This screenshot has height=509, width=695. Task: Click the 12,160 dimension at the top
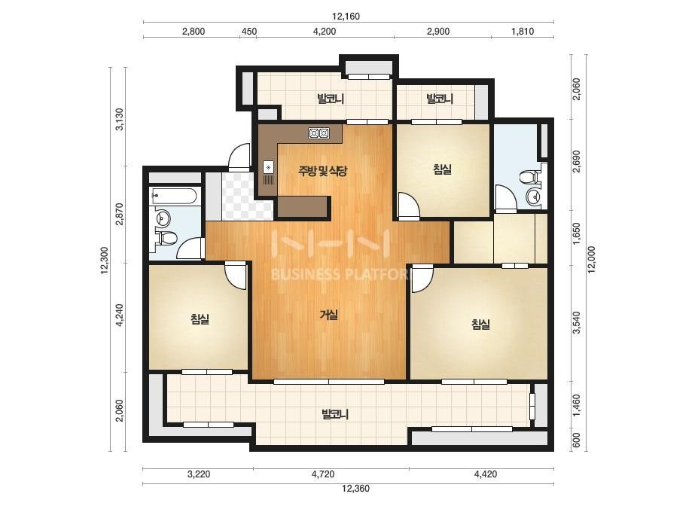click(x=346, y=17)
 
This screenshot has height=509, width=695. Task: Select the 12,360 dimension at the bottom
click(x=355, y=489)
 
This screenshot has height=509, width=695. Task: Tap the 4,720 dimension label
click(x=323, y=474)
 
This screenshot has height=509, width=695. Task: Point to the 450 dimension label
click(x=248, y=32)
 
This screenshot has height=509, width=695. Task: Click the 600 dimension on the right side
click(x=576, y=440)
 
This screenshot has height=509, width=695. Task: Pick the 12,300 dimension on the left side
click(x=105, y=261)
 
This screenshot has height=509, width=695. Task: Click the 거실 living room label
click(x=329, y=315)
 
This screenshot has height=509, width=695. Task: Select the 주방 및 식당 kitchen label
click(x=322, y=171)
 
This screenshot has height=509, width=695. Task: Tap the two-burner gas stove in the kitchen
click(x=319, y=133)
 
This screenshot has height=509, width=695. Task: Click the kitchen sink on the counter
click(x=269, y=167)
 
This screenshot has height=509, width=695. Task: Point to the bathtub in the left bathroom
click(x=176, y=196)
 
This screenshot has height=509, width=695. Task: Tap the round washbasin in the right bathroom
click(x=533, y=196)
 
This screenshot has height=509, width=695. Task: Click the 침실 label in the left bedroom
click(x=200, y=319)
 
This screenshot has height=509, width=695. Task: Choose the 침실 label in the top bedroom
click(x=442, y=169)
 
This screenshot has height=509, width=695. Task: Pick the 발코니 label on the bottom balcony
click(x=335, y=415)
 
